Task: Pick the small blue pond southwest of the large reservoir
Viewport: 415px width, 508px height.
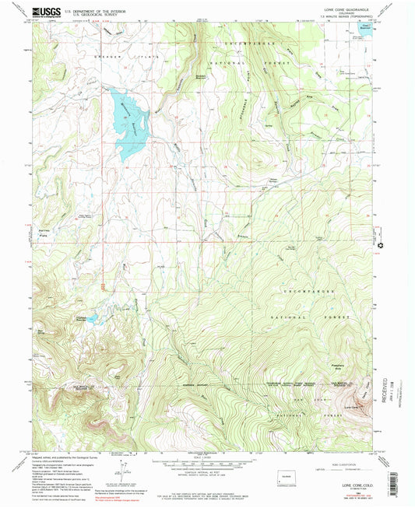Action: coord(92,318)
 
